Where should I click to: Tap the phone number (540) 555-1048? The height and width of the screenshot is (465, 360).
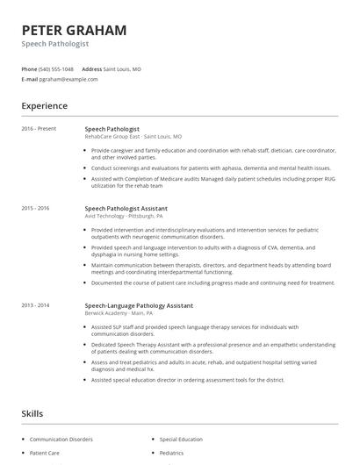tap(56, 68)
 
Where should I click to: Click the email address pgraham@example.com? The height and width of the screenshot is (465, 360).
tap(68, 79)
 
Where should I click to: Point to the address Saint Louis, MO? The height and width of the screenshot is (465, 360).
tap(123, 68)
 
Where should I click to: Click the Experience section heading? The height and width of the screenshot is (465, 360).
tap(44, 106)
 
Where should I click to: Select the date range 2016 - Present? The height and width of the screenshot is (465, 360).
tap(39, 128)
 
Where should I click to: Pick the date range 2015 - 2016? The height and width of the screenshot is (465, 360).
tap(35, 208)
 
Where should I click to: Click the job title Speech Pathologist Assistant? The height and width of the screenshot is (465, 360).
tap(126, 208)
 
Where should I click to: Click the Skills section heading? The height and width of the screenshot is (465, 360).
tap(32, 411)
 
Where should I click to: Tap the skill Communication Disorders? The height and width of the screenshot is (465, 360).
tap(61, 439)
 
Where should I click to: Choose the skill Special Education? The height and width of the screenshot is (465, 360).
tap(180, 439)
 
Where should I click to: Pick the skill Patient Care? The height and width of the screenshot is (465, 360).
tap(45, 453)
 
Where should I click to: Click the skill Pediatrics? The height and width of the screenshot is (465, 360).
tap(171, 453)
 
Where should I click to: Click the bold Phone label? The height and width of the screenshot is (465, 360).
tap(29, 68)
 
